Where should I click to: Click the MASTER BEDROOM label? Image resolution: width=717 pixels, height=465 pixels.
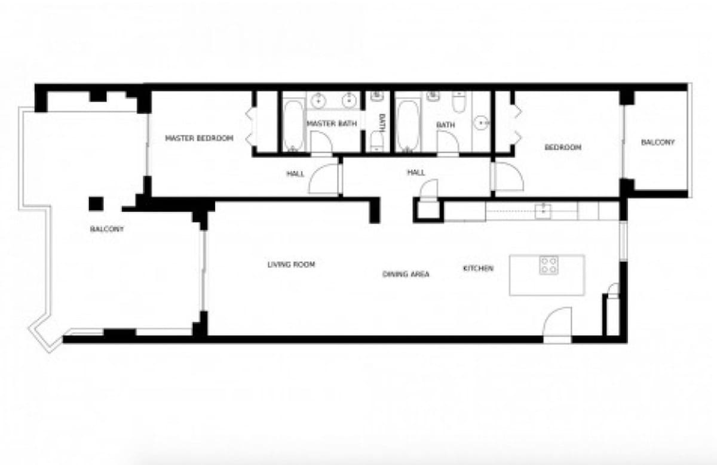tap(199, 138)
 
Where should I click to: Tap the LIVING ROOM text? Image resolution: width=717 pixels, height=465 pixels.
tap(291, 264)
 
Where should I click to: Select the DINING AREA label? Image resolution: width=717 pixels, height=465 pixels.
tap(406, 274)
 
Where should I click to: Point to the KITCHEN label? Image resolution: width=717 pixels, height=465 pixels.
tap(478, 269)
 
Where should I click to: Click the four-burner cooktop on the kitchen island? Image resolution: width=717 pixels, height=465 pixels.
tap(549, 265)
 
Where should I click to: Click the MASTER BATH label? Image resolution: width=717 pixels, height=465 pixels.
tap(332, 124)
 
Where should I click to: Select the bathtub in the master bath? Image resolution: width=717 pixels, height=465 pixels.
tap(293, 126)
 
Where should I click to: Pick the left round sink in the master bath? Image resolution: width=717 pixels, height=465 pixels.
tap(318, 101)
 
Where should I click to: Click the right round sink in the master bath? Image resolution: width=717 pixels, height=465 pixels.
tap(348, 101)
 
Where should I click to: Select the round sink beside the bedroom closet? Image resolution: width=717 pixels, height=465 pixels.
tap(482, 122)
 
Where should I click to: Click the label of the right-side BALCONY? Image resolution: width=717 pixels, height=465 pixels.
tap(657, 142)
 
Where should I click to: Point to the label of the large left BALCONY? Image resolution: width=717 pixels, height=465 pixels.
tap(107, 229)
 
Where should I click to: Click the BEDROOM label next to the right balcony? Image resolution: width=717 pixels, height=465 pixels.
tap(562, 147)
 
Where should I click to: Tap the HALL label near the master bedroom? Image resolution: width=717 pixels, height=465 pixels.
tap(295, 174)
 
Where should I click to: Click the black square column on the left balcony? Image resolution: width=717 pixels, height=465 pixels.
tap(96, 204)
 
